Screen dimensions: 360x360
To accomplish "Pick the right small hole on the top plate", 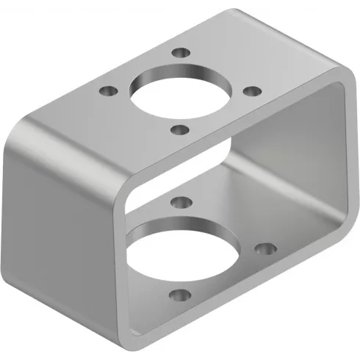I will coord(251,91).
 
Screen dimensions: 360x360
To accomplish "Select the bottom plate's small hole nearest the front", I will coord(178,296).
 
